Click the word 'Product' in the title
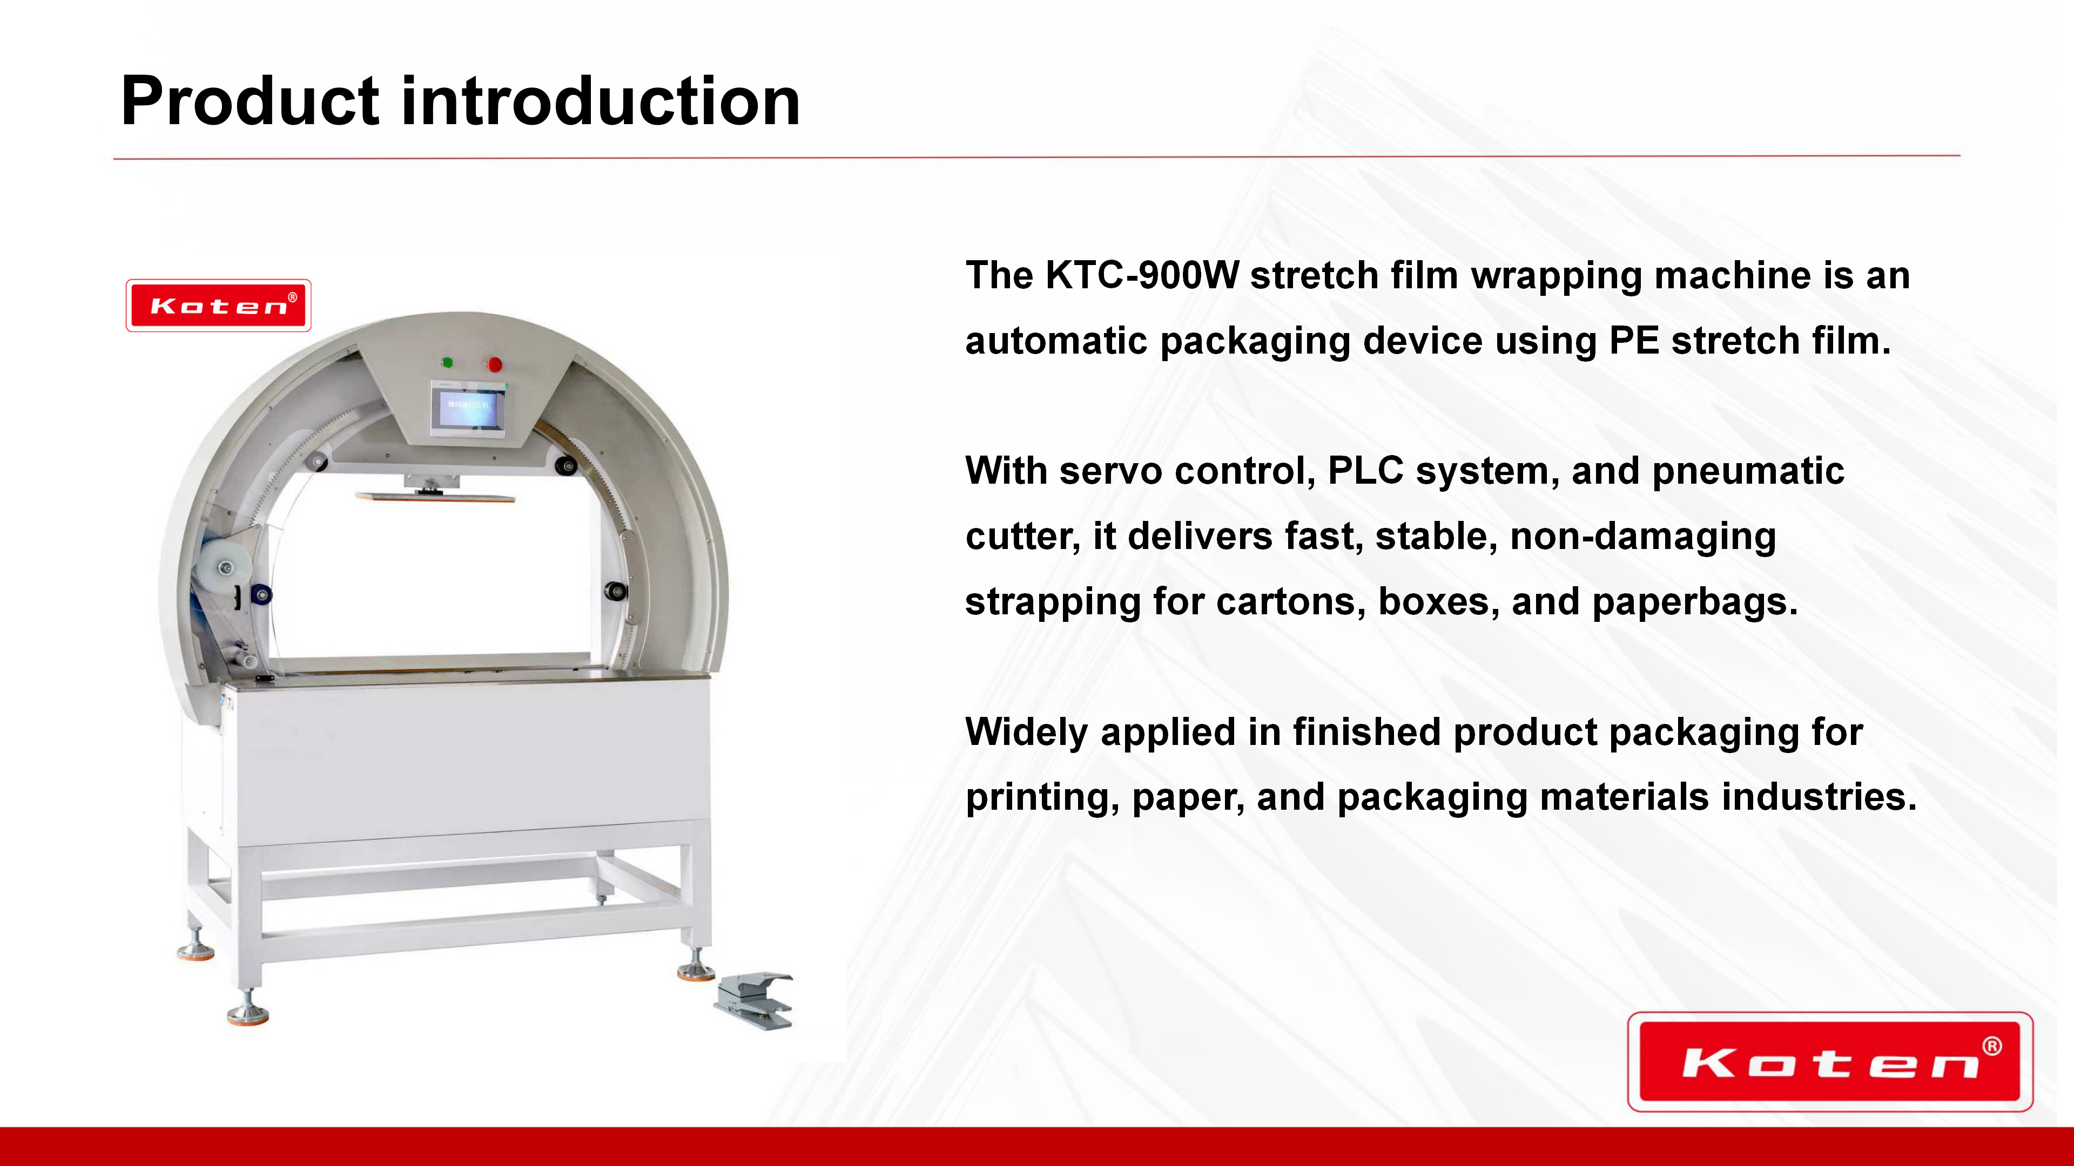click(250, 101)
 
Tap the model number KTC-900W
click(1142, 275)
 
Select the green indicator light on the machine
click(448, 362)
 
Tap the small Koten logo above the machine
click(218, 306)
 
